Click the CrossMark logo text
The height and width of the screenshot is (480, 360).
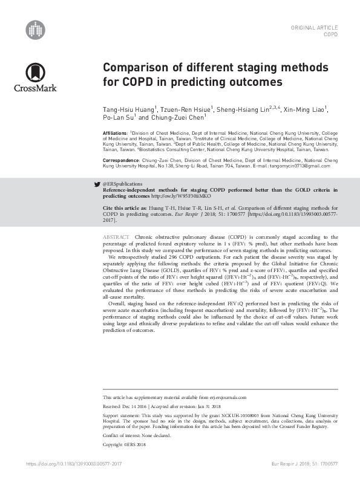click(35, 88)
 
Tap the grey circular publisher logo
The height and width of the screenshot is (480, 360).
click(35, 29)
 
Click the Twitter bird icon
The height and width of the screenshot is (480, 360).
click(97, 183)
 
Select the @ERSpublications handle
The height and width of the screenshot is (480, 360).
click(123, 183)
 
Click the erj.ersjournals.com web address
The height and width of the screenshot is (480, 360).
click(225, 397)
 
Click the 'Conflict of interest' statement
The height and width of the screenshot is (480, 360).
click(137, 436)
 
